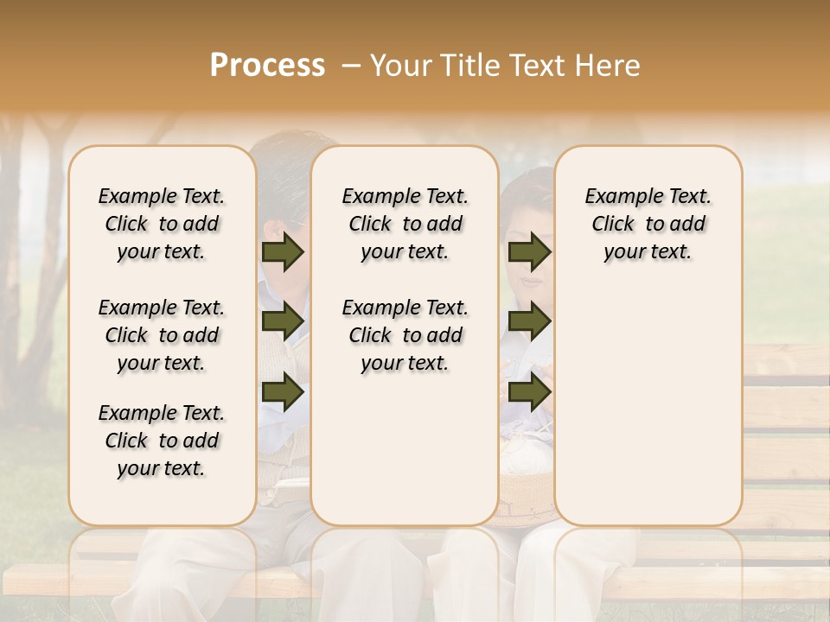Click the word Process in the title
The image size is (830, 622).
click(x=267, y=66)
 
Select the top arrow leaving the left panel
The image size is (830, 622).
click(x=283, y=252)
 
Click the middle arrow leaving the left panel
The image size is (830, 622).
click(x=283, y=322)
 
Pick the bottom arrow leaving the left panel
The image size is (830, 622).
click(x=283, y=391)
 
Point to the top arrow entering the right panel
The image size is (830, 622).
click(x=529, y=252)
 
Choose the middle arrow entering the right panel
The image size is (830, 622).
click(x=529, y=322)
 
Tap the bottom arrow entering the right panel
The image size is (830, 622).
click(x=529, y=391)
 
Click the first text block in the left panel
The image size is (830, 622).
click(x=162, y=224)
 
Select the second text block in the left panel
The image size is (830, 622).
click(x=162, y=335)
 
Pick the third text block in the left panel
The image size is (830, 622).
click(x=162, y=441)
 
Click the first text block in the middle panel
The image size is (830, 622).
click(x=405, y=224)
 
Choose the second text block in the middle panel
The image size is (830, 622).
click(x=405, y=335)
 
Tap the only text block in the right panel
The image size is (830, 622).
click(x=648, y=224)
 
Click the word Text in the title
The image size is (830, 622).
click(x=539, y=66)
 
